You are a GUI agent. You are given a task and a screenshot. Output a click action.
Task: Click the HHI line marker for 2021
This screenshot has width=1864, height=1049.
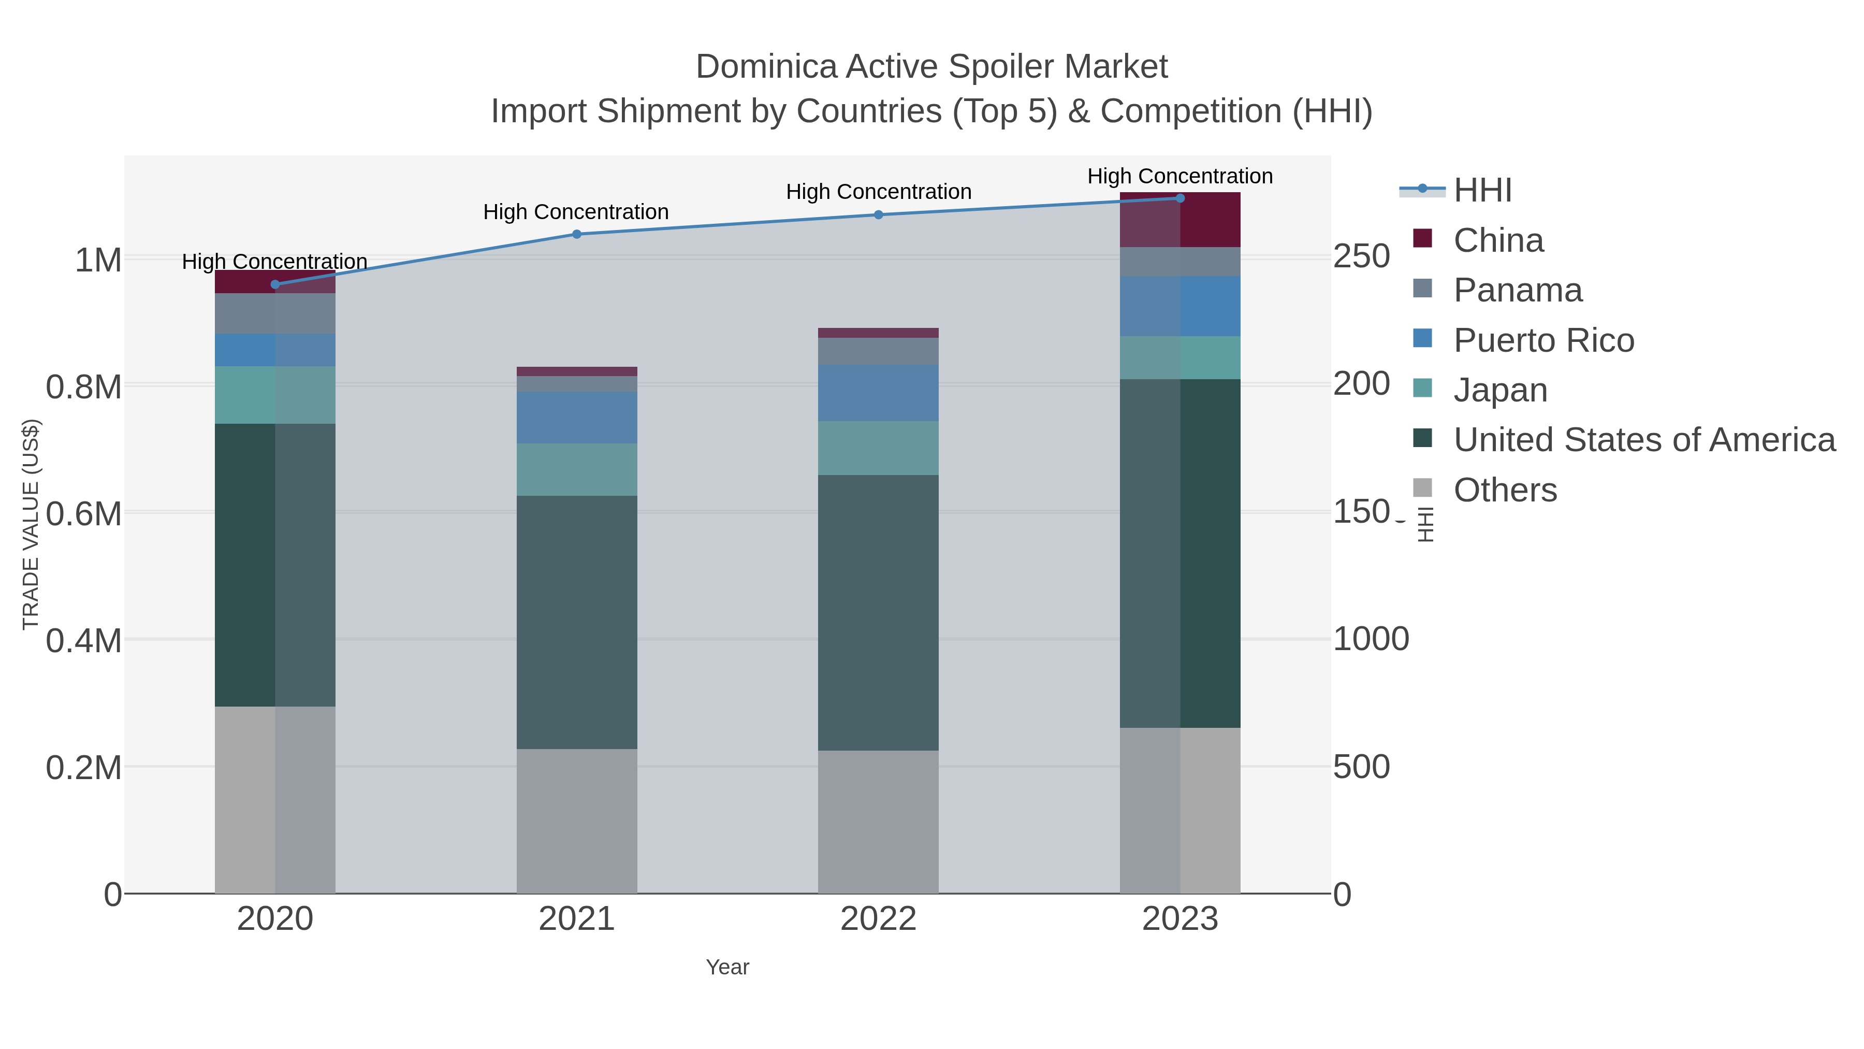(577, 234)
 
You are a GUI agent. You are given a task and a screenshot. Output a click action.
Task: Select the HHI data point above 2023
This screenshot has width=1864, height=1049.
(1180, 198)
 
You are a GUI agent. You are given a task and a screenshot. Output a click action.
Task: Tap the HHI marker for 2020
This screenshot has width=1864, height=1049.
(275, 284)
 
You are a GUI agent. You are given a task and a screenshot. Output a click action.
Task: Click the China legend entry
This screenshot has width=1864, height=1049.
(1498, 240)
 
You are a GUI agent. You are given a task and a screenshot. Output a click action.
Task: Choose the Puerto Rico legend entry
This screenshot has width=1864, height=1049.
(1543, 340)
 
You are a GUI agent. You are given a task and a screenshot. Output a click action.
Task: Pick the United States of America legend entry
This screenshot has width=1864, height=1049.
(1644, 439)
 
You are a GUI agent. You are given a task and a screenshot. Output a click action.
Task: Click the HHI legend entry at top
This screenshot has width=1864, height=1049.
(1482, 191)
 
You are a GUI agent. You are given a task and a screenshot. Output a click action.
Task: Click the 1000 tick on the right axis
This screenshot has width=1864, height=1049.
(1371, 639)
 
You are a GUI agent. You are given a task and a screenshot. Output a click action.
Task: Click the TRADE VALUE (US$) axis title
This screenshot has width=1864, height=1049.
(31, 524)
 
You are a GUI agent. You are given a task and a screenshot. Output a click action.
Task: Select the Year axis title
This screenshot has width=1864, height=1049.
(727, 967)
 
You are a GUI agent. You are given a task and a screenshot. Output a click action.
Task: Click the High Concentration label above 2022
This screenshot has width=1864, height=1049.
(879, 192)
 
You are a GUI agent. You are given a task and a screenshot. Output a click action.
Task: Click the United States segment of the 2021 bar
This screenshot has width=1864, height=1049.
(577, 623)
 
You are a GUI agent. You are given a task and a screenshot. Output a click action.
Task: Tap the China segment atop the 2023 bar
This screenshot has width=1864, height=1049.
(1180, 221)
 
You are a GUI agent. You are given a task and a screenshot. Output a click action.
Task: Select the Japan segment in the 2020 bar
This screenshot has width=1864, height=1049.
(275, 395)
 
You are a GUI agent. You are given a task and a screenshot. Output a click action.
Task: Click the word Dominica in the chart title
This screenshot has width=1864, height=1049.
(766, 67)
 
